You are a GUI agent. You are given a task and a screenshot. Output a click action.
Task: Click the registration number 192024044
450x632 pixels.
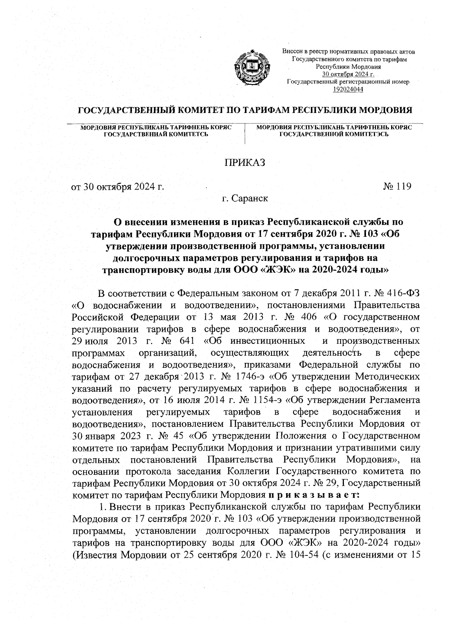coord(348,89)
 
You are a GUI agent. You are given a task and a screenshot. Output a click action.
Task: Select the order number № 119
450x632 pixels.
coord(397,186)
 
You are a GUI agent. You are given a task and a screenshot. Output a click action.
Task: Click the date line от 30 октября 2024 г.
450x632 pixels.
coord(118,187)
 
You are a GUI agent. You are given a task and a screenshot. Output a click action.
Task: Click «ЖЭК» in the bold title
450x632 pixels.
coord(276,270)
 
